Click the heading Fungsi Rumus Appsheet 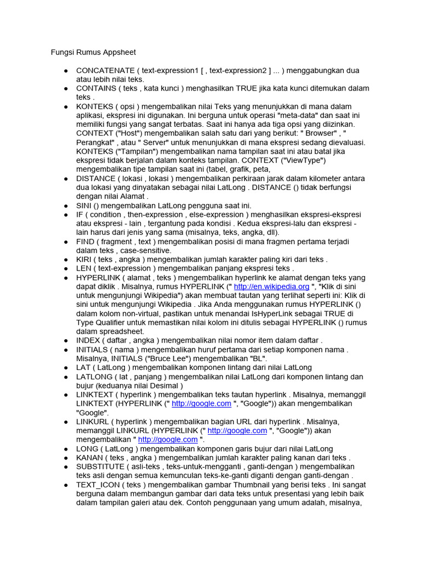(x=93, y=53)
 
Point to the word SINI (x=85, y=205)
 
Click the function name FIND (x=86, y=241)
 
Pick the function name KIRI (x=85, y=260)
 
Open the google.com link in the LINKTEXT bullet (x=201, y=403)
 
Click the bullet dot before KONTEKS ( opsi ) (x=65, y=106)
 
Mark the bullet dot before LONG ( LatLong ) (x=65, y=448)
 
